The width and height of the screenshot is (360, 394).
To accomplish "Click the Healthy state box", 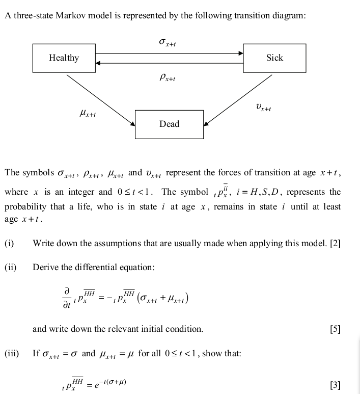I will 64,58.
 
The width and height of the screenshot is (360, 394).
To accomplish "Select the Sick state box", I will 274,58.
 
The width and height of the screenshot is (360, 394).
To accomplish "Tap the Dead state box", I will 169,124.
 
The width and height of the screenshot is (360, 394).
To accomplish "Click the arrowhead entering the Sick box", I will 240,52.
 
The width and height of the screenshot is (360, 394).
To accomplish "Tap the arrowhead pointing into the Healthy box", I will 98,63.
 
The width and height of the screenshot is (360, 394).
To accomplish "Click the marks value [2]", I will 335,243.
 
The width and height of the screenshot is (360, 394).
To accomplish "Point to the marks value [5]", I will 335,329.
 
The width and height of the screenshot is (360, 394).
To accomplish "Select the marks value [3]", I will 335,384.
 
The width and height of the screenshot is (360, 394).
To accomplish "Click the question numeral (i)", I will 9,243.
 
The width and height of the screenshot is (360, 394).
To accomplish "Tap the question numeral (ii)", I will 11,267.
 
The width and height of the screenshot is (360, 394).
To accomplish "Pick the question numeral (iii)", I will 12,353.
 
